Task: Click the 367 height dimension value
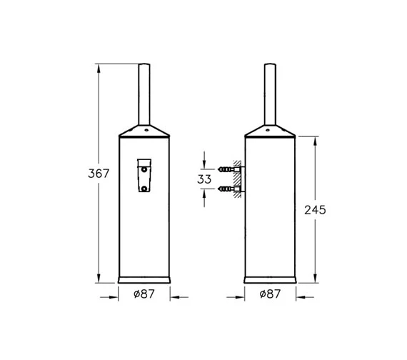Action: tap(98, 174)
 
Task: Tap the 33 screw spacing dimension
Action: tap(204, 179)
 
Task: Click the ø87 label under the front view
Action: tap(144, 294)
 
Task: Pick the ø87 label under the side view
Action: tap(270, 294)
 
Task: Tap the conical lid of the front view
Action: tap(145, 131)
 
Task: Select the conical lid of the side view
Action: tap(270, 131)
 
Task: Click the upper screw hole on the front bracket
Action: tap(145, 171)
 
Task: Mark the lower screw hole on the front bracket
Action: tap(145, 189)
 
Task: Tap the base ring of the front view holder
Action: tap(145, 277)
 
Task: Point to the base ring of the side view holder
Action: tap(270, 277)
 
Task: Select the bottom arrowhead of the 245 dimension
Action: tap(315, 277)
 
